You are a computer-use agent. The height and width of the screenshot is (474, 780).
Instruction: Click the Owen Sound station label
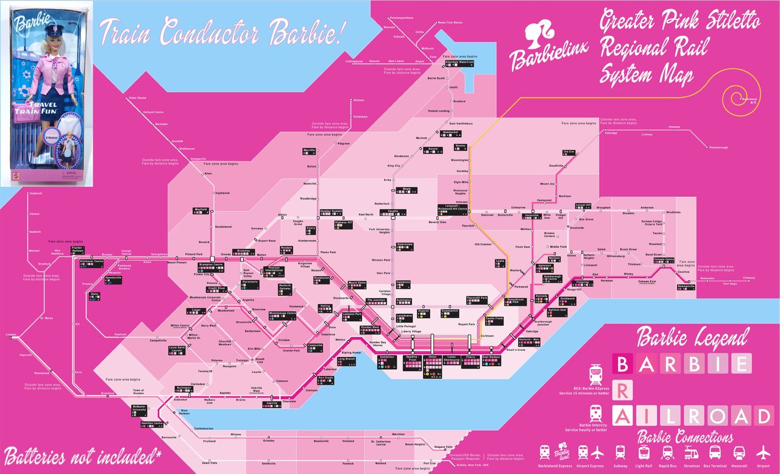point(137,98)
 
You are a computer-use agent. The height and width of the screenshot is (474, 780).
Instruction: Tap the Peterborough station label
point(717,147)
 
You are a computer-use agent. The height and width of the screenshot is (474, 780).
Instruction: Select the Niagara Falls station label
point(444,447)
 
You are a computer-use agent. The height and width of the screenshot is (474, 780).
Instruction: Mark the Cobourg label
point(749,278)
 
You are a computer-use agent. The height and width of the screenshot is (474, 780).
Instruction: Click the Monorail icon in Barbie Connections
point(739,453)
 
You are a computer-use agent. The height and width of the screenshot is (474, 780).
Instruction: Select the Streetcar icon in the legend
point(692,453)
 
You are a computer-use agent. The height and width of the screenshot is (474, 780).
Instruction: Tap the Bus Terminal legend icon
point(715,453)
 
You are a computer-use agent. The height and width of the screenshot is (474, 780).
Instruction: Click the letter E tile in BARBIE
point(740,364)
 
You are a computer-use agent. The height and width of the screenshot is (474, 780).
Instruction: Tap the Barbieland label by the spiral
point(750,99)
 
